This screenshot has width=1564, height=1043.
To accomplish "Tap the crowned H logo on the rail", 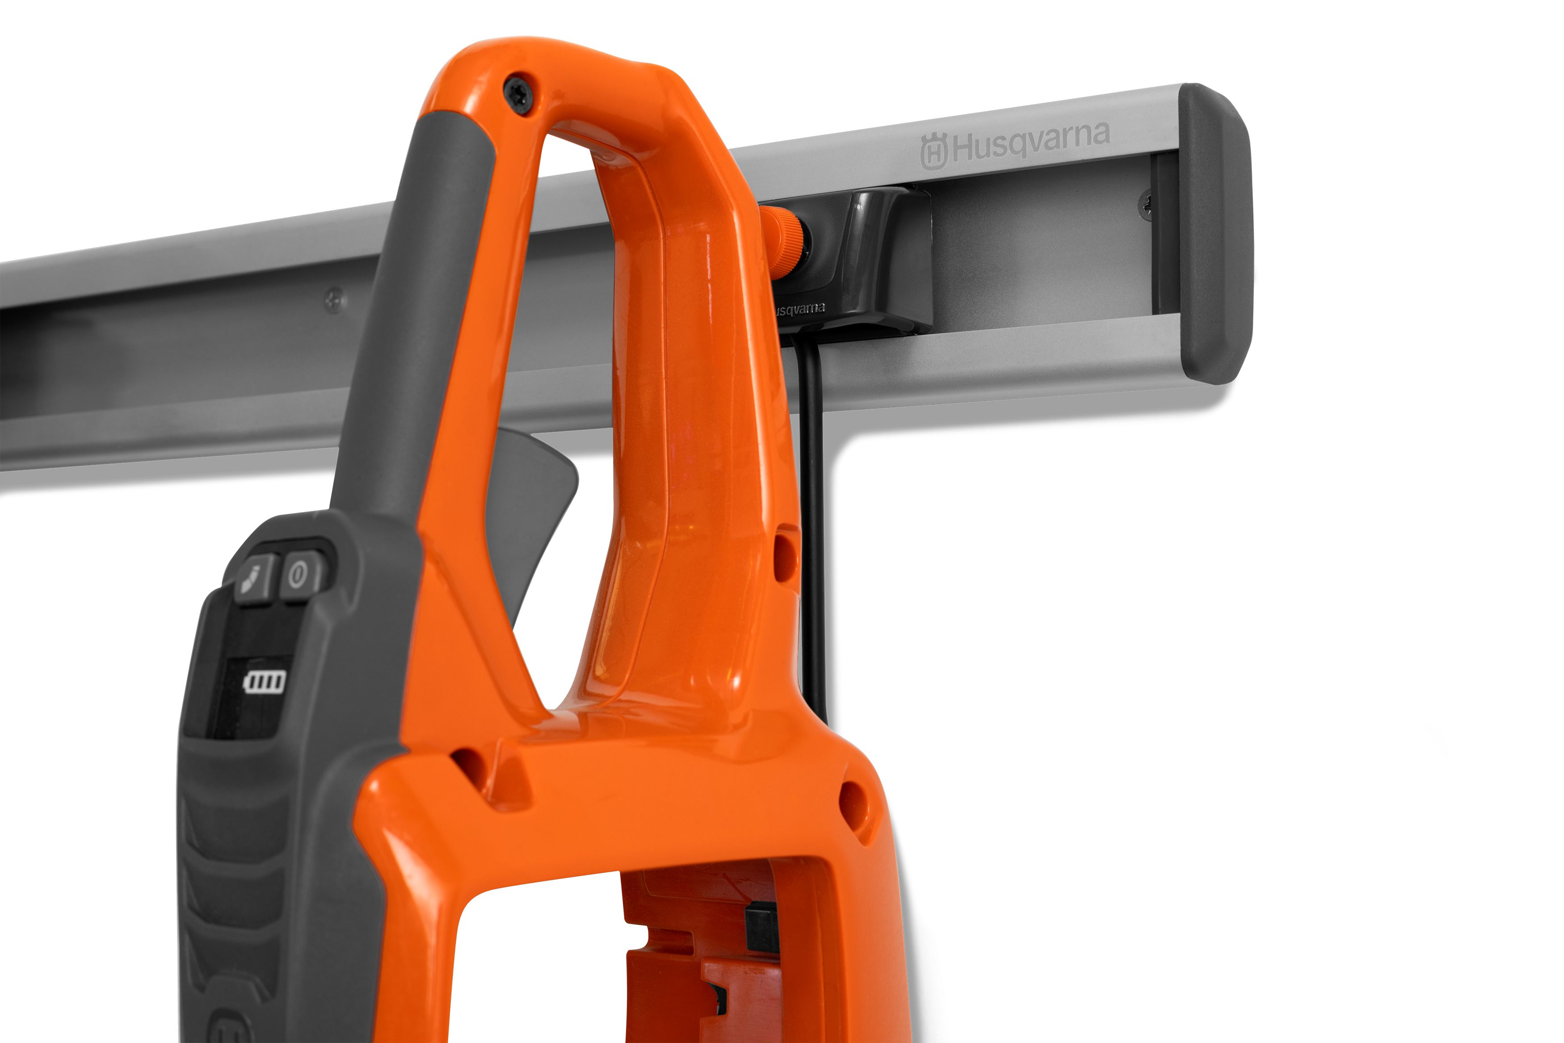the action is [933, 151].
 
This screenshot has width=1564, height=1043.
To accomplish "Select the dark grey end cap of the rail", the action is [1215, 233].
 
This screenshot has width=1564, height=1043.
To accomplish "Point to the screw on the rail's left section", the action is [335, 300].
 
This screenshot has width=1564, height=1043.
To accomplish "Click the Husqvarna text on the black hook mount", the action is [800, 310].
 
